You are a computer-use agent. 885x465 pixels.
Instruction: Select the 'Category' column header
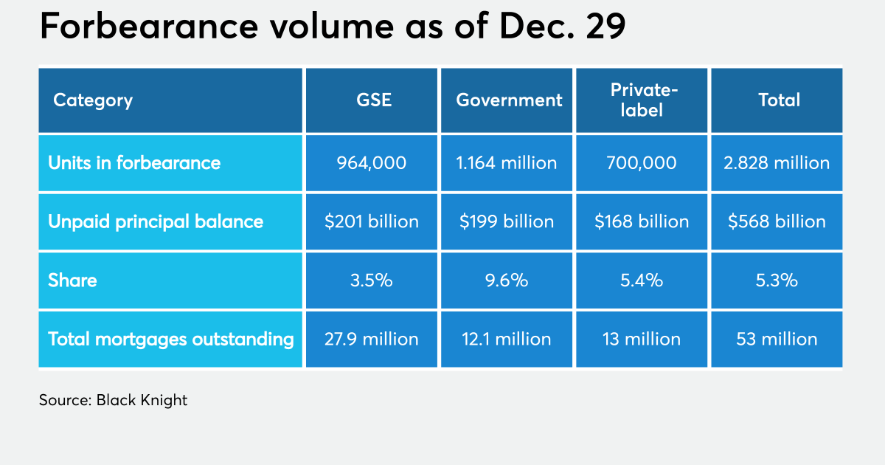click(93, 100)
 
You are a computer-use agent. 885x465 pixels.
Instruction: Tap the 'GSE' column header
click(372, 100)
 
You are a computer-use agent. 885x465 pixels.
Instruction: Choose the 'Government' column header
click(509, 100)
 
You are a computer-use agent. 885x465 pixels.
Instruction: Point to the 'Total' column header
click(779, 100)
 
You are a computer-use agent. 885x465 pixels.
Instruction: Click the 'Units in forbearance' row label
click(134, 162)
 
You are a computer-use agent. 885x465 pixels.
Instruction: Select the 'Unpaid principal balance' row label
click(156, 221)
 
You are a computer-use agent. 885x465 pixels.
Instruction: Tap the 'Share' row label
click(72, 280)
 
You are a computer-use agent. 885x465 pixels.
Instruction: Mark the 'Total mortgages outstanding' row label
click(171, 339)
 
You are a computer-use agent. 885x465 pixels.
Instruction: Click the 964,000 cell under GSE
click(372, 162)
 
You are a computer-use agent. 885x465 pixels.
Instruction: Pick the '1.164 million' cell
click(507, 162)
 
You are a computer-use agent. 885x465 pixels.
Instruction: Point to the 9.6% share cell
click(507, 280)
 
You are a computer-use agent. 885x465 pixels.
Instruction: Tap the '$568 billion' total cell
click(777, 221)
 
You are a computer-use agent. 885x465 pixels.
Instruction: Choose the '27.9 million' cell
click(372, 339)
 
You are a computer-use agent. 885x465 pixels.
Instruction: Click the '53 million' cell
click(777, 339)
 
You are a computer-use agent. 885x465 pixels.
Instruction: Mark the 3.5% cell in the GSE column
click(372, 280)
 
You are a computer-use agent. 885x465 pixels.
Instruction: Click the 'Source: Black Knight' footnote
click(114, 401)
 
